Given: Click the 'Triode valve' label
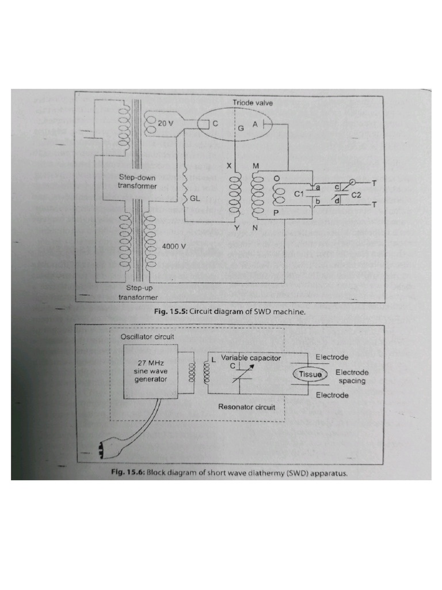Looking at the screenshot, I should pos(253,103).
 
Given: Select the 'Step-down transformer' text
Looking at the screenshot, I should pos(138,181).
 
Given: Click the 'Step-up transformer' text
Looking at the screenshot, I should pos(138,292).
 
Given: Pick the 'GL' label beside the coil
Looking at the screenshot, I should pos(195,198).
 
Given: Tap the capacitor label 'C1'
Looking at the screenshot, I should pos(299,195).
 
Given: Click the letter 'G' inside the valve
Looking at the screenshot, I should pos(241,128).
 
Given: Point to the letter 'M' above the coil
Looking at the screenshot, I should pos(256,165).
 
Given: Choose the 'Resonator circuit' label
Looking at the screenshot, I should pos(246,407).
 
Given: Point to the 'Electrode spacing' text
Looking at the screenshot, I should pos(352,376).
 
